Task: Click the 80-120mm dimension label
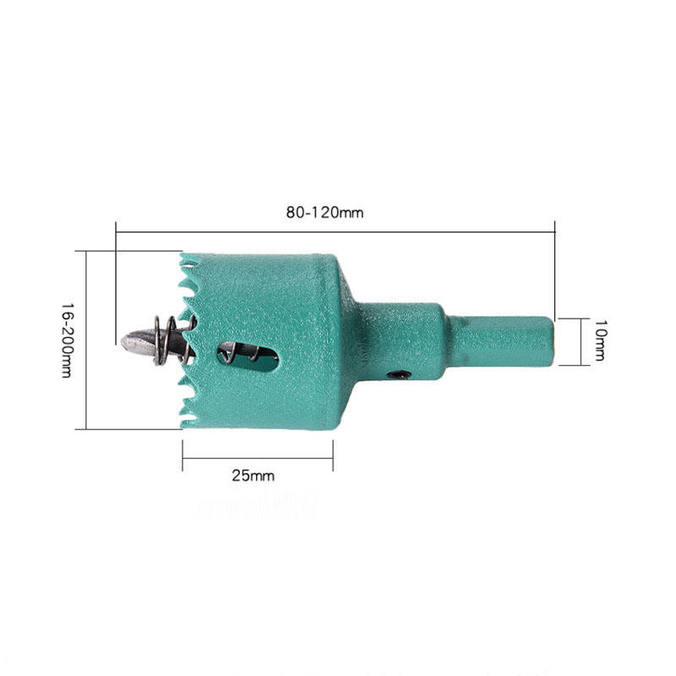[x=324, y=213]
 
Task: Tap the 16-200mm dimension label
[x=66, y=340]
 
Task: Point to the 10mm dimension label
[x=599, y=341]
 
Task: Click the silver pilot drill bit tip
[x=134, y=341]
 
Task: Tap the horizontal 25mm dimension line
[x=258, y=459]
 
